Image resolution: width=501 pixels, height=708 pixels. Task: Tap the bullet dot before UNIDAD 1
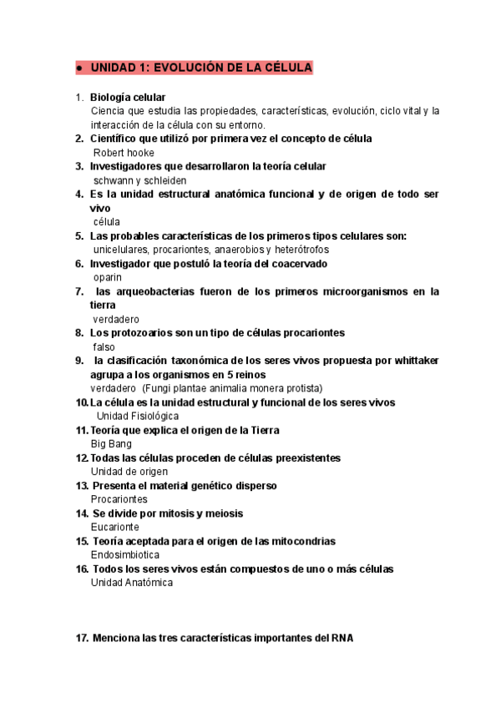(77, 68)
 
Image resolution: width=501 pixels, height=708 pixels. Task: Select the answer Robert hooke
(124, 153)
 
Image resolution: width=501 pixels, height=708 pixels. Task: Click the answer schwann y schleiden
(139, 180)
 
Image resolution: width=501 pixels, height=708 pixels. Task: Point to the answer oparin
(108, 277)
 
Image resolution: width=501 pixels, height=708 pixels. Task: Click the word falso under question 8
(104, 346)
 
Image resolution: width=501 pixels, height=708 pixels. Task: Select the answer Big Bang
(111, 444)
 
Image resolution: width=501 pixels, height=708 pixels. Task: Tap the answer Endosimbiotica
(124, 555)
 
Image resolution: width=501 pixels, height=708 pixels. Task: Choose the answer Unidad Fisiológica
(138, 416)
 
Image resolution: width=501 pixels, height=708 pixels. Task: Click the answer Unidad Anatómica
(131, 583)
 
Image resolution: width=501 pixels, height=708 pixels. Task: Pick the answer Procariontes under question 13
(119, 499)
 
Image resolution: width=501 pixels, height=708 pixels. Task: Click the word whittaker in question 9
(411, 361)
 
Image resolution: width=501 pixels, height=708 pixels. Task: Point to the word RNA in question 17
(342, 639)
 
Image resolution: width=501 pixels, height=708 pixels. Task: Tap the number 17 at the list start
(82, 639)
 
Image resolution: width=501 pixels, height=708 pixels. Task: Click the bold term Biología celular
(128, 97)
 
